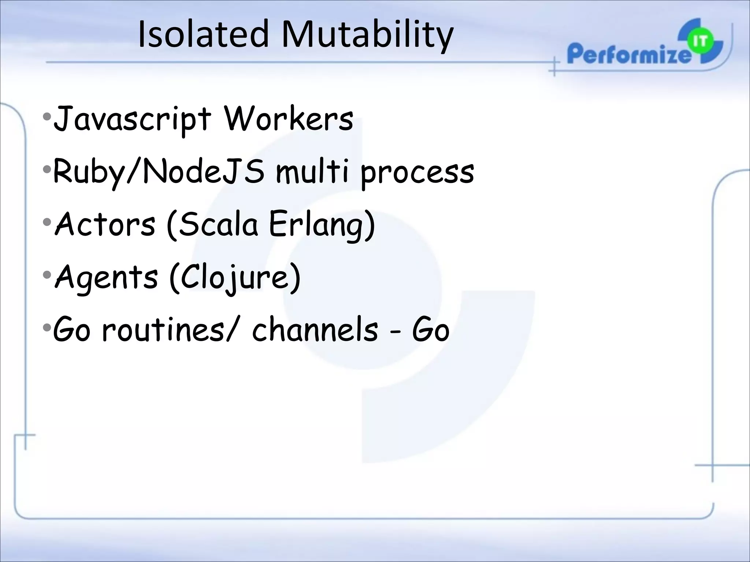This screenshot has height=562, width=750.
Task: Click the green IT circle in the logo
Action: click(700, 42)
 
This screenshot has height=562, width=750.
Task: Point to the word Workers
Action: click(289, 119)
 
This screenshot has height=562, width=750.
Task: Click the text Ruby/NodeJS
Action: click(158, 172)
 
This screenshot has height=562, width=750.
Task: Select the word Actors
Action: click(105, 224)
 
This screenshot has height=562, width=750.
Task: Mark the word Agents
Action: click(106, 277)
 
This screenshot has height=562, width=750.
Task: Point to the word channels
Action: click(315, 330)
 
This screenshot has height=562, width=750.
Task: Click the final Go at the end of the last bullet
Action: click(431, 330)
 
